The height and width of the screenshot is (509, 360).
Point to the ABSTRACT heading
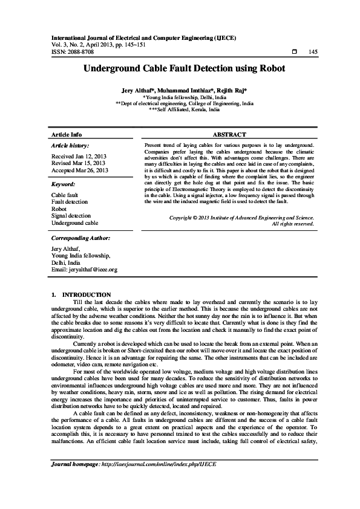(229, 134)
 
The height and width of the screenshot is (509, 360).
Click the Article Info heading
(67, 134)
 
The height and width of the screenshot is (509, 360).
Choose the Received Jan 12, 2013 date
(79, 156)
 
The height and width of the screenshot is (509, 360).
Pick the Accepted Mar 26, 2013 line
(80, 170)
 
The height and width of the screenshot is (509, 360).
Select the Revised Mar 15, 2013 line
(79, 163)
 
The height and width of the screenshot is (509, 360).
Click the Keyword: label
(63, 184)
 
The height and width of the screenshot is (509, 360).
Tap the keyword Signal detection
(71, 215)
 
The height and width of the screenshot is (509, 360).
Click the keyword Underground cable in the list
(74, 222)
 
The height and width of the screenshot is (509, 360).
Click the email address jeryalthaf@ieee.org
(84, 269)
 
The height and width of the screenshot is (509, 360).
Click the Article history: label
(70, 146)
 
